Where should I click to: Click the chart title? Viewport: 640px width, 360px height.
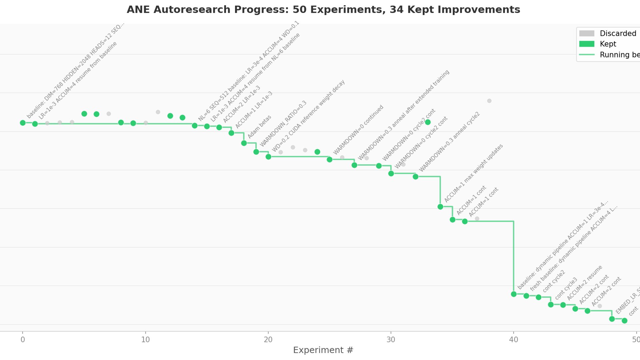click(323, 10)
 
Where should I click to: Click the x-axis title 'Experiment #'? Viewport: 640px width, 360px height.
click(323, 350)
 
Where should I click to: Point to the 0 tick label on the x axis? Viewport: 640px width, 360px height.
click(23, 340)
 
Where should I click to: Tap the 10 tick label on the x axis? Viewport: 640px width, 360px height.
click(145, 340)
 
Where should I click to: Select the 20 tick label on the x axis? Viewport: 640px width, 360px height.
click(268, 340)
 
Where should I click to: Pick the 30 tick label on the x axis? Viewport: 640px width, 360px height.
click(391, 340)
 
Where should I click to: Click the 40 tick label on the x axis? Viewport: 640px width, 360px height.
click(513, 340)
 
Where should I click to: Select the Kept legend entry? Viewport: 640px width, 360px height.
click(608, 44)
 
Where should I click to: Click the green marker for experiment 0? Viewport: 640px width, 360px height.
click(23, 123)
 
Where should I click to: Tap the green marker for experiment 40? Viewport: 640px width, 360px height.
click(514, 294)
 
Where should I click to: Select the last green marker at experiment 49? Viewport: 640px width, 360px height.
click(624, 321)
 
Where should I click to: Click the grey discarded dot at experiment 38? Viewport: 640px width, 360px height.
click(489, 101)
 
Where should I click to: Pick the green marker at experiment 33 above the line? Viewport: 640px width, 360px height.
click(428, 122)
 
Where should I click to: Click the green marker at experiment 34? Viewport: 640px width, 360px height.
click(440, 207)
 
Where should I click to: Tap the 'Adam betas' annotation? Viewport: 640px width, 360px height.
click(259, 127)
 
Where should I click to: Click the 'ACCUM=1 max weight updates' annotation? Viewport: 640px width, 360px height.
click(473, 173)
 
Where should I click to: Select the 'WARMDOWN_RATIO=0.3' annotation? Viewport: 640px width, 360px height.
click(283, 124)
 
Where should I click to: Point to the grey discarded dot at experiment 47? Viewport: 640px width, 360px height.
click(600, 306)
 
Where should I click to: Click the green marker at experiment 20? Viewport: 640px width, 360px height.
click(268, 157)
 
